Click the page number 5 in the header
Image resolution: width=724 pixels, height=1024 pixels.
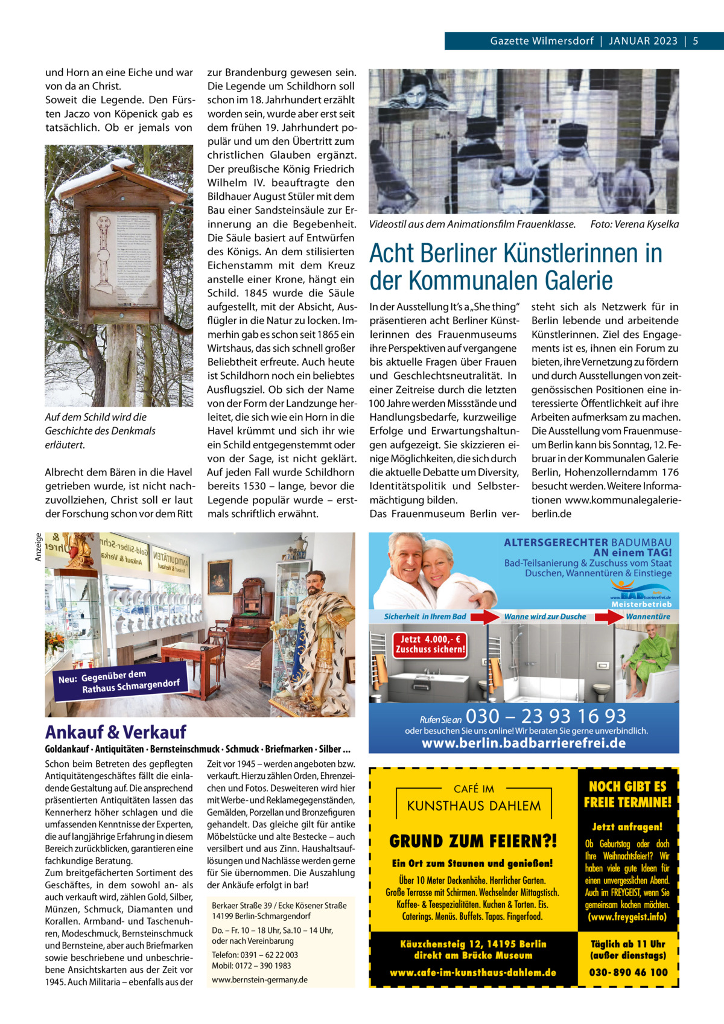coord(695,41)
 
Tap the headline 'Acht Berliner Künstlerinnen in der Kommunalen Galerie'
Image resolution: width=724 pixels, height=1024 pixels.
coord(516,267)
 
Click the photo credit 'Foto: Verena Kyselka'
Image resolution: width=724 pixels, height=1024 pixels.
coord(634,224)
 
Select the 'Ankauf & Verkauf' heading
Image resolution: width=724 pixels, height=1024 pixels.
coord(116,733)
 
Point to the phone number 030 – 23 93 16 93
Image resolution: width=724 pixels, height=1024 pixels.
coord(546,716)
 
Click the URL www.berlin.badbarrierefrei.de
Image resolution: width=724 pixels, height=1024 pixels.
coord(524,743)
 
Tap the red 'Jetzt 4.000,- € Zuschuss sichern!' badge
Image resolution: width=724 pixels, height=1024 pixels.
coord(430,644)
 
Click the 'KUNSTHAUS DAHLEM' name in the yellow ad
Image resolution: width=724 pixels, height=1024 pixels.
coord(474,806)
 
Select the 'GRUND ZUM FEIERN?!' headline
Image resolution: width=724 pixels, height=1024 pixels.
coord(473,841)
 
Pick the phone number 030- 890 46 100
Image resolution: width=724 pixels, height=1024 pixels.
coord(629,972)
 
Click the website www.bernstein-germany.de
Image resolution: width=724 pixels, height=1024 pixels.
coord(260,979)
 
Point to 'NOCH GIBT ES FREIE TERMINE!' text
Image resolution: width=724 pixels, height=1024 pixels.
coord(627,794)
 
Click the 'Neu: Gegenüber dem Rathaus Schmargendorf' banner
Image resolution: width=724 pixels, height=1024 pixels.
coord(119,681)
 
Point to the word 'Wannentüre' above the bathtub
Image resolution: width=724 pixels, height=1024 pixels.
coord(648,616)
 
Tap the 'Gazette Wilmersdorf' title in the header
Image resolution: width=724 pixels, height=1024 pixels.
coord(541,41)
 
